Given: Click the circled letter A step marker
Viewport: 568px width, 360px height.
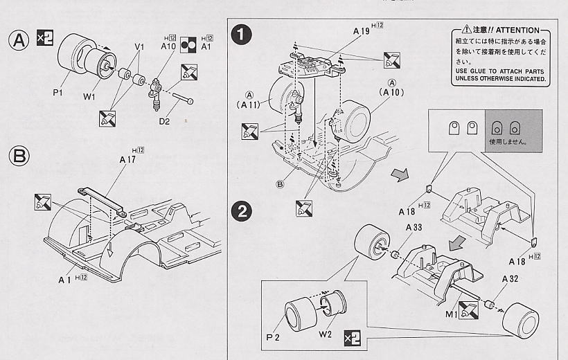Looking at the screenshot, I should (21, 40).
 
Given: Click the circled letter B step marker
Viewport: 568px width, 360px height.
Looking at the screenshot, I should (21, 157).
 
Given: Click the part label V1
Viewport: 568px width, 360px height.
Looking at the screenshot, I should (140, 46).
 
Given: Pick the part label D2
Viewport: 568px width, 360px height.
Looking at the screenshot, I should (164, 123).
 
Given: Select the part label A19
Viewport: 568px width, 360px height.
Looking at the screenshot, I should (362, 31).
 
